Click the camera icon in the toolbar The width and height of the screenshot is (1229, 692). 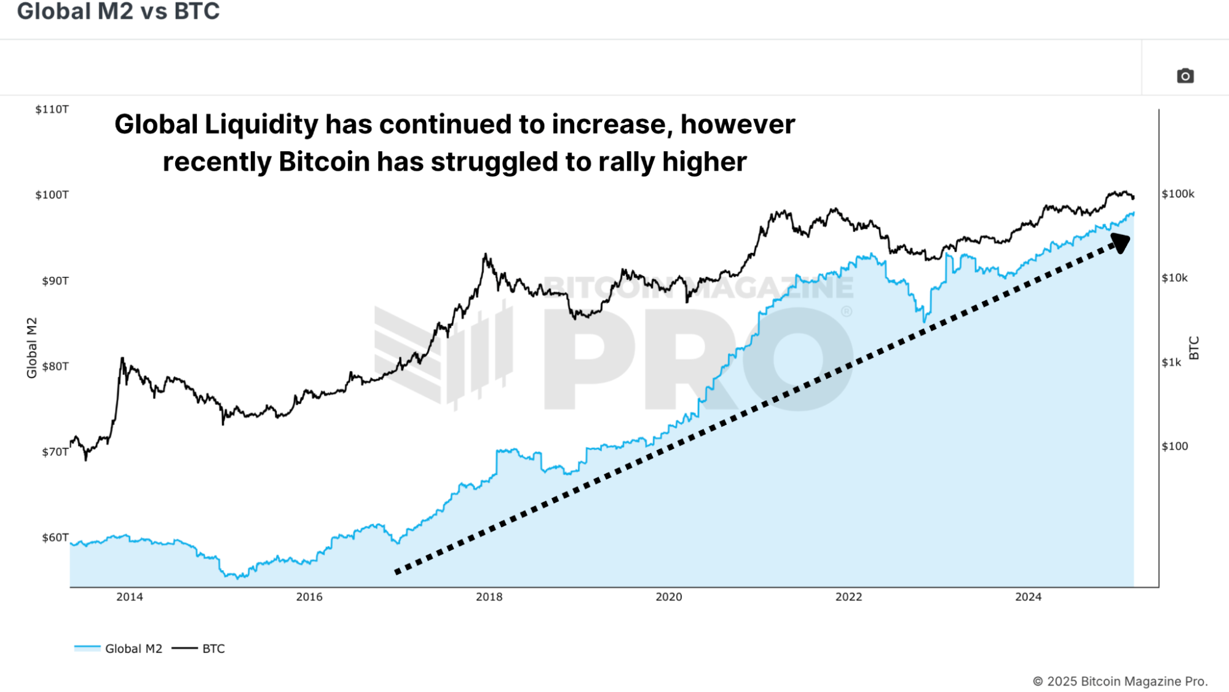point(1185,76)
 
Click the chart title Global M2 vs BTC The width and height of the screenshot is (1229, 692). point(118,12)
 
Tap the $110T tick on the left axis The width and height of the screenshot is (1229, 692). point(52,109)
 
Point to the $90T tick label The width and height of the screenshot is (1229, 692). point(55,281)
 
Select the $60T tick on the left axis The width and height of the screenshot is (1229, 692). point(55,538)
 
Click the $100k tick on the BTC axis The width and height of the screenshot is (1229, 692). point(1177,194)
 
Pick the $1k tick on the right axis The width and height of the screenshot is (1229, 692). point(1171,363)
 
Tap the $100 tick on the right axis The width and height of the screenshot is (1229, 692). point(1174,447)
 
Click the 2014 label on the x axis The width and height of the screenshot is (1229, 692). point(130,597)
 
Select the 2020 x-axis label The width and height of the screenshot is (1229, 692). point(669,597)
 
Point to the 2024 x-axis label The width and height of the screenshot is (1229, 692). point(1028,597)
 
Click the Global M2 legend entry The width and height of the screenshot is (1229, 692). point(133,649)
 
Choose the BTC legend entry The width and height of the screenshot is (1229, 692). point(213,649)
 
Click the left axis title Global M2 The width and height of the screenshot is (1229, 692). point(32,348)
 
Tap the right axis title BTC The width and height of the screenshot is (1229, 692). point(1194,348)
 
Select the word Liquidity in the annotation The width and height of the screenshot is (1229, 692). point(261,125)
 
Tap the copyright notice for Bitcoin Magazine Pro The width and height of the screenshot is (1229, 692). point(1120,682)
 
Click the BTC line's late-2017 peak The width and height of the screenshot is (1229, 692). point(486,255)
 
